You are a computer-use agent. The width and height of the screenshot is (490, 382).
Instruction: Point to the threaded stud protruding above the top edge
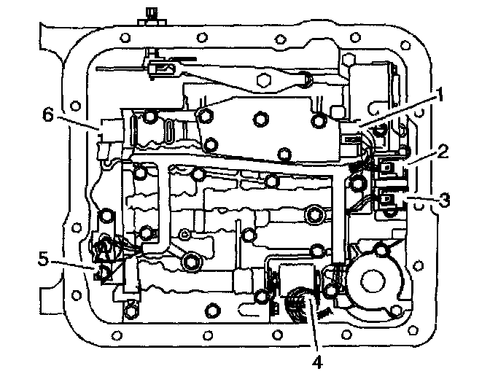[150, 14]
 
